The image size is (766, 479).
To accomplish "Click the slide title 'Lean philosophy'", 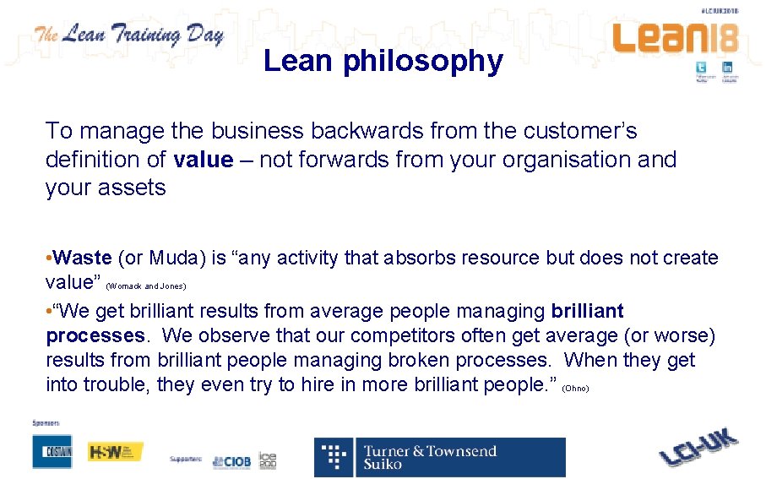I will pos(383,61).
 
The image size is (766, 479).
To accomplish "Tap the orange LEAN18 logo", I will pos(675,38).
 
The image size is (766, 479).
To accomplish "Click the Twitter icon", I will pos(701,68).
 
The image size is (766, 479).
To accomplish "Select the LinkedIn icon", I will pos(726,68).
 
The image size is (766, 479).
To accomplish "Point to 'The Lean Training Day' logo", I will pos(128,35).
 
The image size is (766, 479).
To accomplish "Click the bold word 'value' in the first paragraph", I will pos(202,160).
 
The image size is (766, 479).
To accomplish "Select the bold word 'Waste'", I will pos(82,258).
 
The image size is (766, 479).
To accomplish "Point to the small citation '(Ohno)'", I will pos(574,389).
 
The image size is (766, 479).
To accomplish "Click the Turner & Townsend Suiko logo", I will pos(439,457).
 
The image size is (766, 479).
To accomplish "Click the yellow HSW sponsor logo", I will pos(115,452).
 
